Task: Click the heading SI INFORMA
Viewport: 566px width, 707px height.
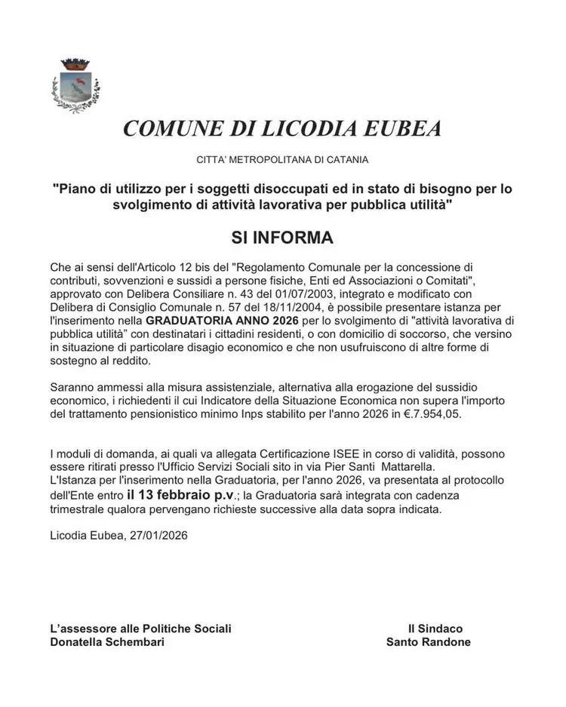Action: pyautogui.click(x=282, y=238)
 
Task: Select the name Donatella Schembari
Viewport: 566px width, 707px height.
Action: pyautogui.click(x=106, y=642)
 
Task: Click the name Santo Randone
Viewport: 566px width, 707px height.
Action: pyautogui.click(x=428, y=642)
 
